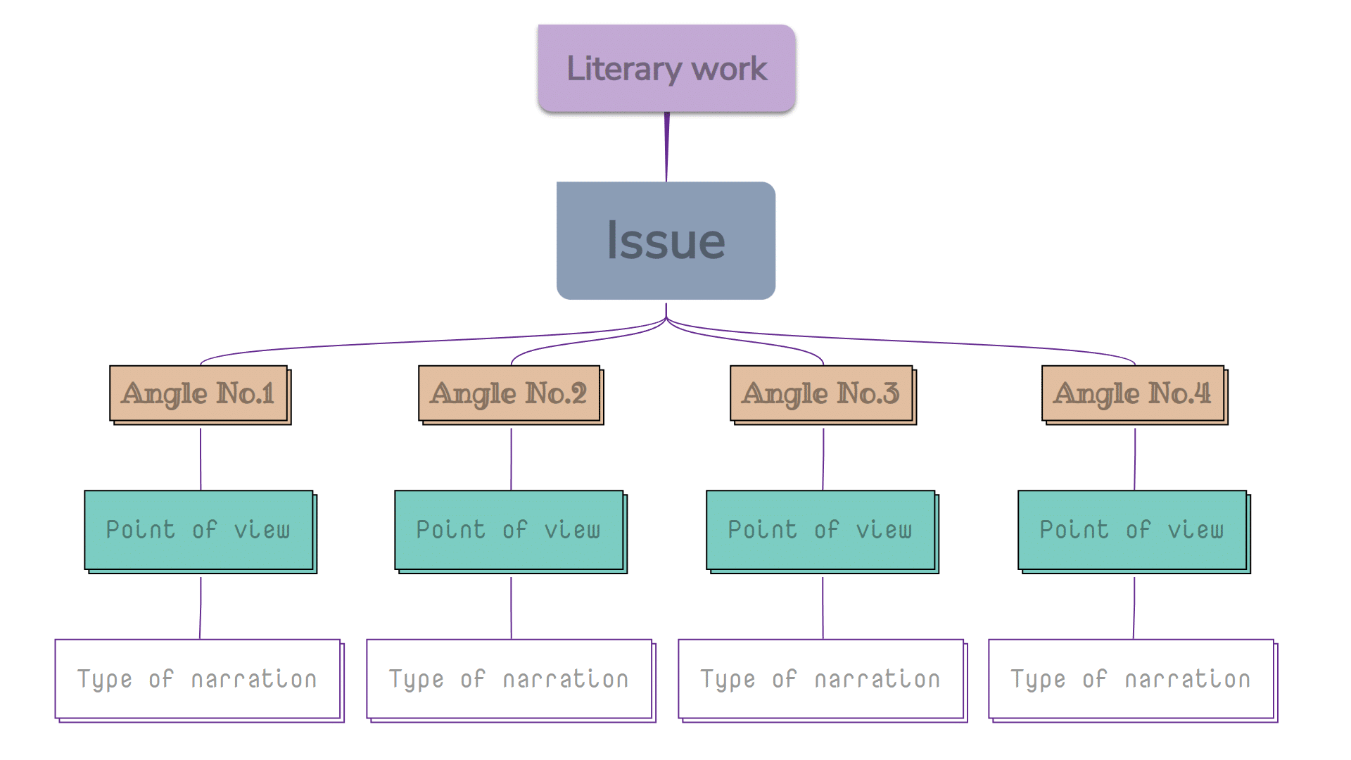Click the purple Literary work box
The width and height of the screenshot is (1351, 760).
click(x=666, y=68)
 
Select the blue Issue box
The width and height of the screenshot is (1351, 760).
click(x=666, y=241)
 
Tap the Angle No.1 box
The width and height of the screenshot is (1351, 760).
click(x=199, y=393)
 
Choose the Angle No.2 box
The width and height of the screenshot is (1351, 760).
click(x=509, y=393)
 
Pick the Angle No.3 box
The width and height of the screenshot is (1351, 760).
click(x=821, y=393)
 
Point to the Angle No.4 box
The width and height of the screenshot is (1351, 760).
click(x=1133, y=393)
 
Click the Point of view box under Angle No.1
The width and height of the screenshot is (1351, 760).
click(x=199, y=530)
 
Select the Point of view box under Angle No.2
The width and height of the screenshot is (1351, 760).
click(x=509, y=530)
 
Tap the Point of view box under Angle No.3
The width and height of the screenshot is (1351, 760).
click(x=820, y=530)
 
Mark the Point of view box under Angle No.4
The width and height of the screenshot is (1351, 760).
click(x=1132, y=530)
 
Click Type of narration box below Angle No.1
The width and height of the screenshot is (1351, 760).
click(x=198, y=679)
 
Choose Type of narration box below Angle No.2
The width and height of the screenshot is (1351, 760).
click(x=509, y=679)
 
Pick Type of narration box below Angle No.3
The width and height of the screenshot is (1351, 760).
click(x=820, y=679)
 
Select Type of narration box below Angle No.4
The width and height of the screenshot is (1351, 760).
click(x=1131, y=679)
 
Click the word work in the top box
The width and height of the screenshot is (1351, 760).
click(x=729, y=69)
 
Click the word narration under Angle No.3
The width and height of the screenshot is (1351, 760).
click(x=877, y=680)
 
